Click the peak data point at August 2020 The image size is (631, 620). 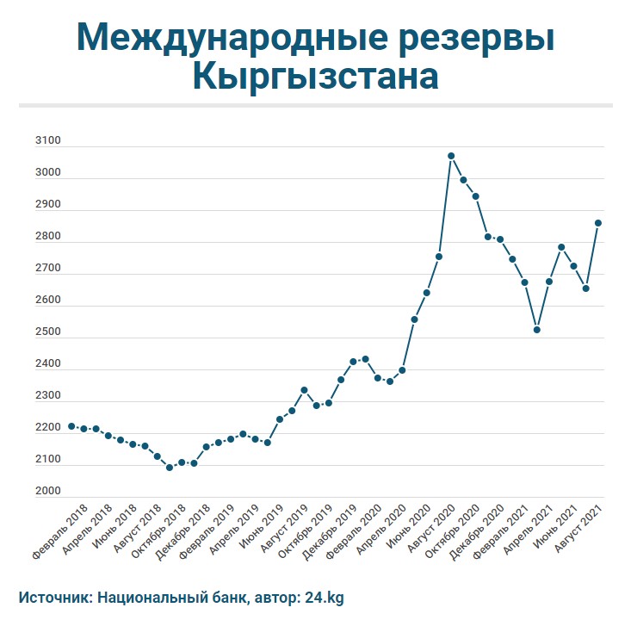tap(450, 156)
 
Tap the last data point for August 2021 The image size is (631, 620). tap(598, 223)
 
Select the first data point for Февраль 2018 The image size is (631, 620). tap(71, 426)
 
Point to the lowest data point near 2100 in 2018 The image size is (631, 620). tap(170, 468)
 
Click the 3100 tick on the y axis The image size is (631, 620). tap(48, 141)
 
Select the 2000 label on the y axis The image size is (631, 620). tap(48, 492)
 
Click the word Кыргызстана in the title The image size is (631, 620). tap(315, 77)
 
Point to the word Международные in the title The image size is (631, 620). tap(218, 37)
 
